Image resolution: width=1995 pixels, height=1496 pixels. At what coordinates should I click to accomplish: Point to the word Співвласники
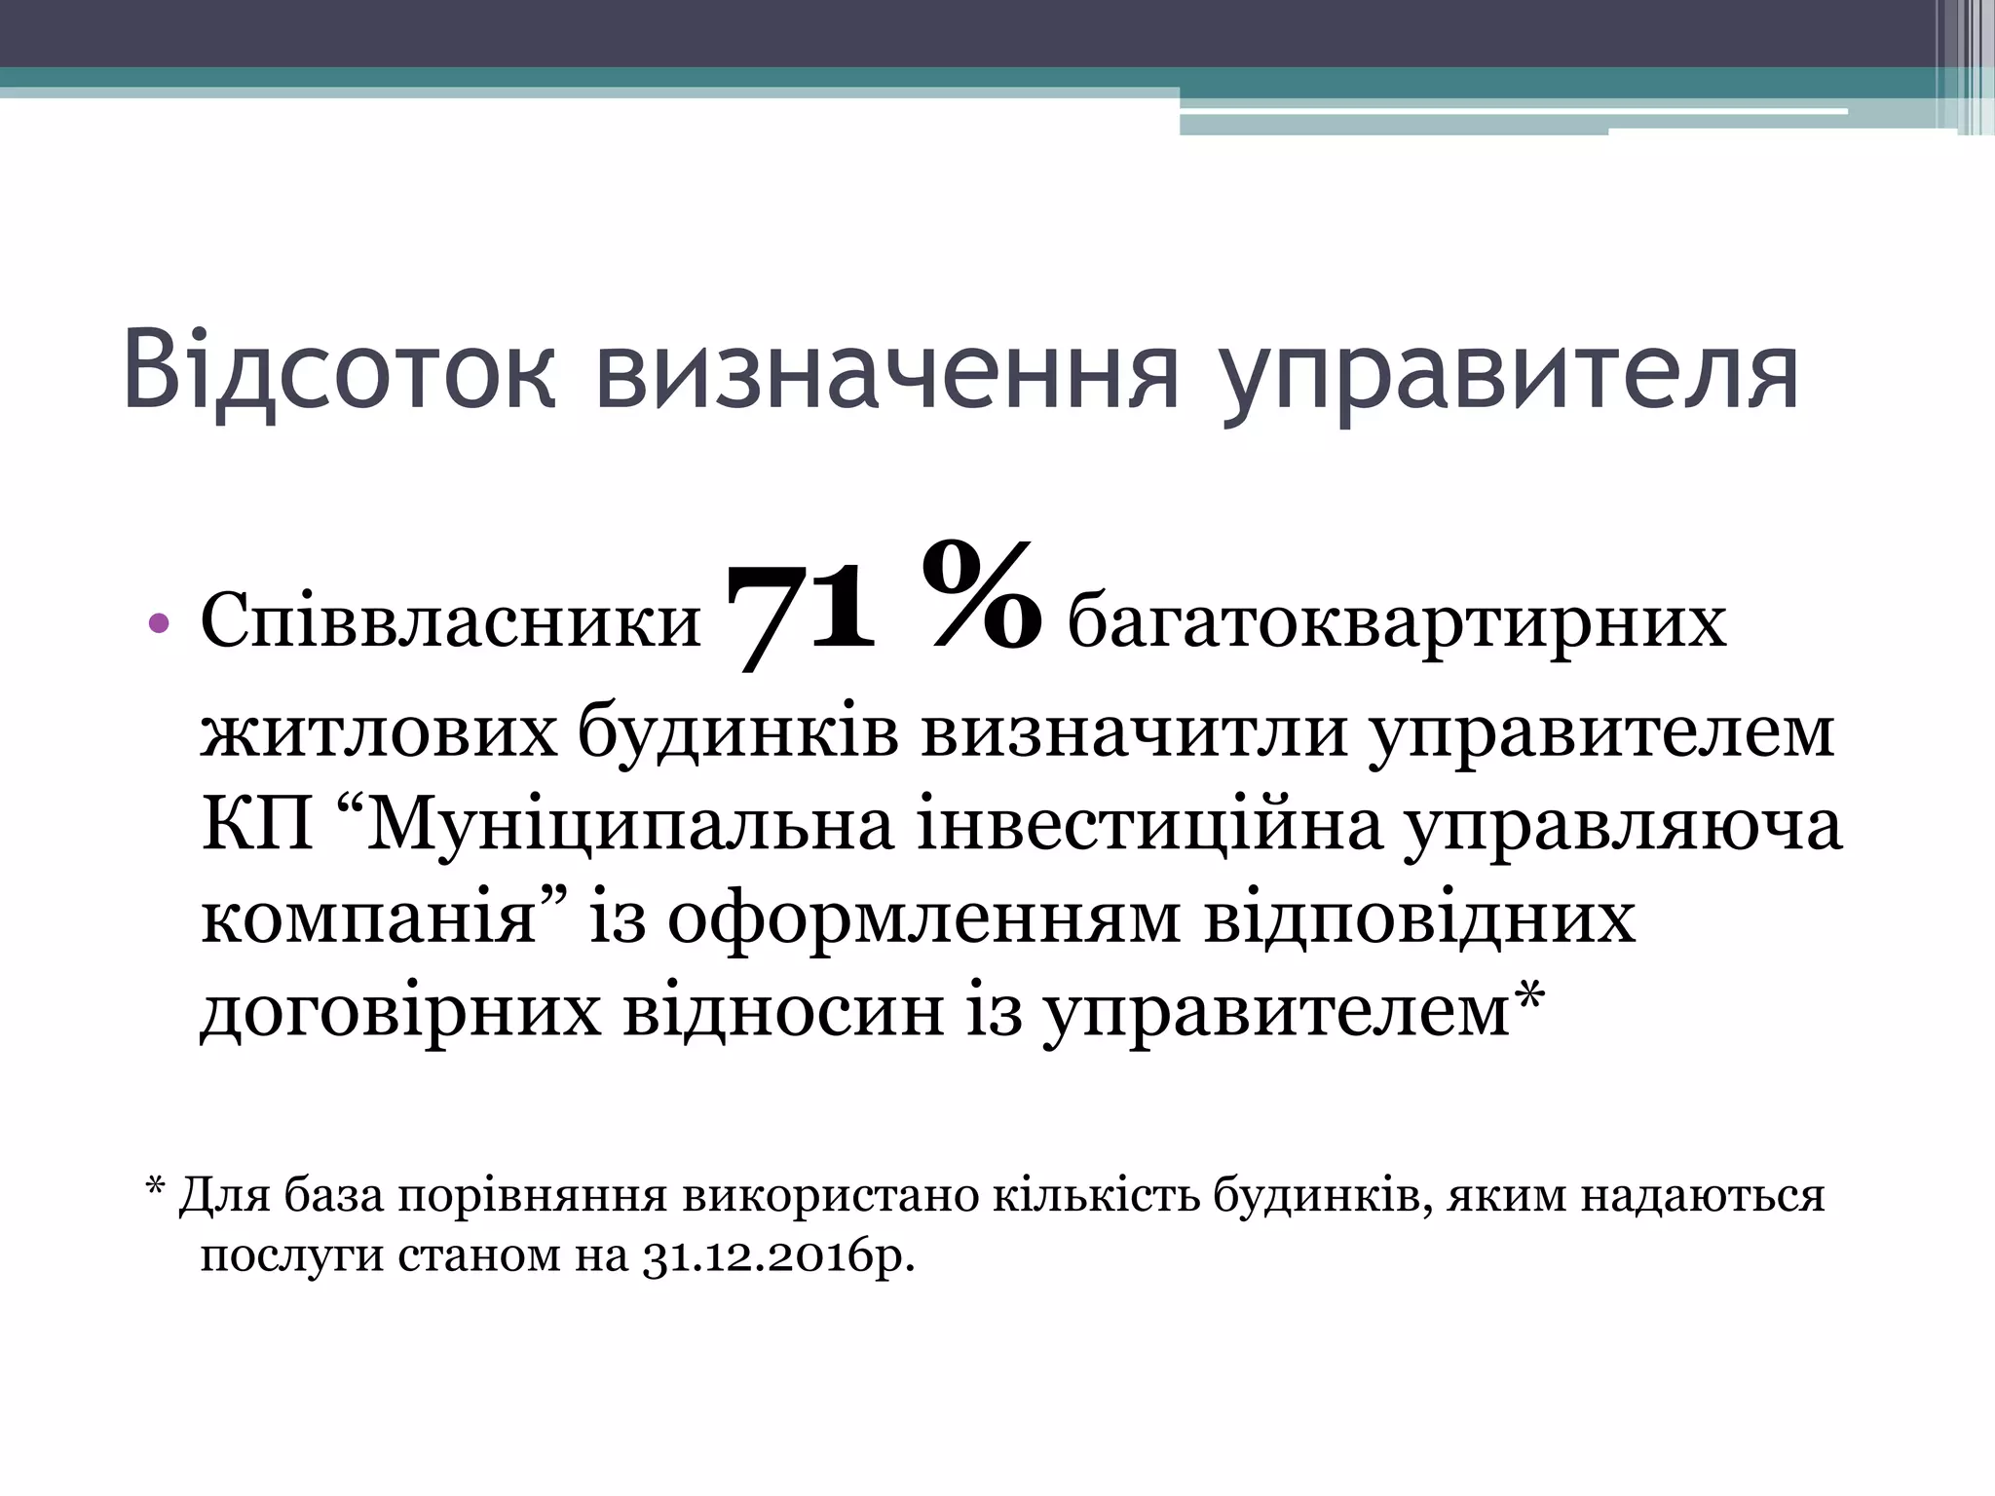point(450,622)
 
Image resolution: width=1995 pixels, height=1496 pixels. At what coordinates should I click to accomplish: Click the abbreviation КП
point(257,825)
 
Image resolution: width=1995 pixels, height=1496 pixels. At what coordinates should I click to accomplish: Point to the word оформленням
point(923,918)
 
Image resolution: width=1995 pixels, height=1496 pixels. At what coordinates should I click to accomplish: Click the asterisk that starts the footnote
point(155,1189)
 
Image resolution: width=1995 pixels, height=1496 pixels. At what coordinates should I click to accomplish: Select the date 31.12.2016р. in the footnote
point(778,1255)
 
